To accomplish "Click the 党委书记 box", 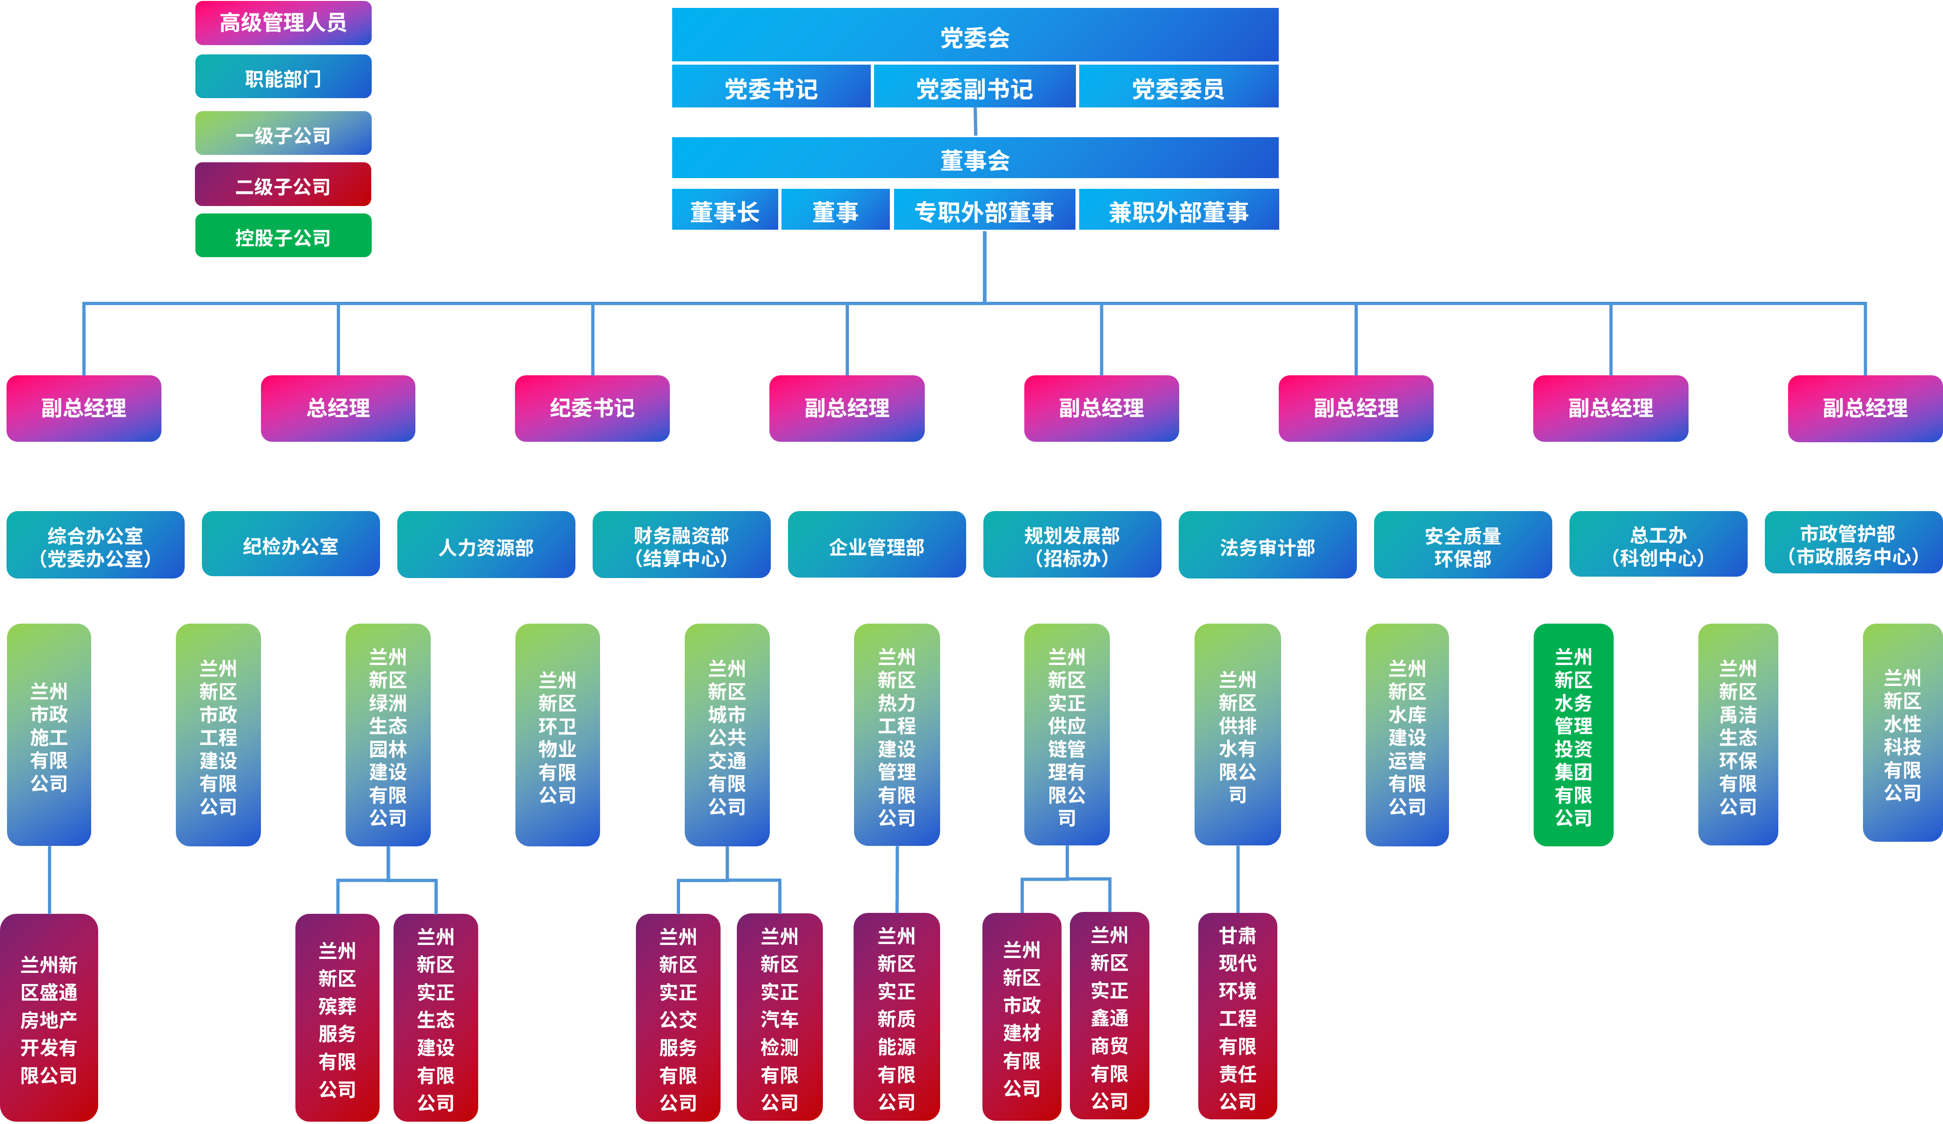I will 771,87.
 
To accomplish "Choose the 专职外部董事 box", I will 984,211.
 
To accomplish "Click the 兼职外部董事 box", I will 1178,211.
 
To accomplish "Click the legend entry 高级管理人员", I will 283,22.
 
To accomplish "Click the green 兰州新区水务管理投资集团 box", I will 1573,735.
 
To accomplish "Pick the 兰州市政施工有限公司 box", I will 48,735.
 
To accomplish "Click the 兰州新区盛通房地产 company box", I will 48,1018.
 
